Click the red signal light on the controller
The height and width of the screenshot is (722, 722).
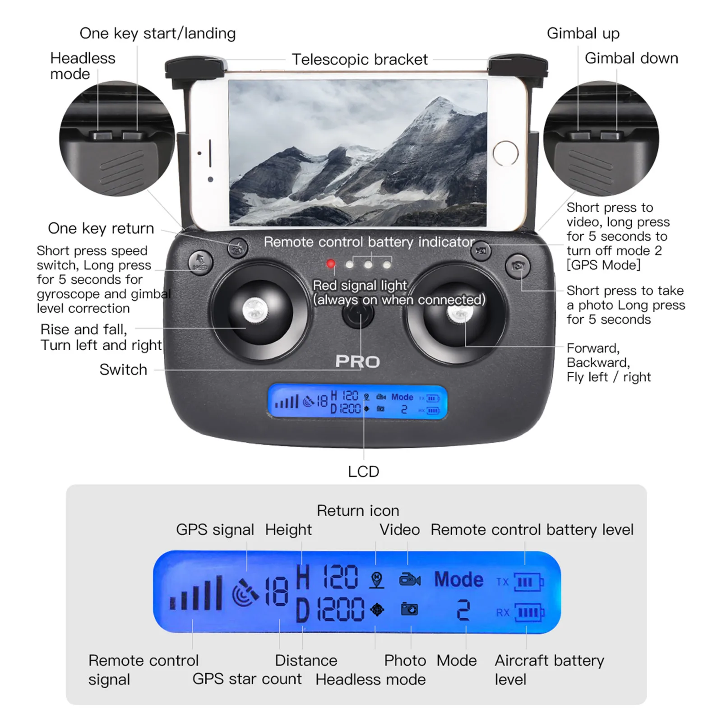(x=331, y=264)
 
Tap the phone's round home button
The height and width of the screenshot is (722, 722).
(x=505, y=153)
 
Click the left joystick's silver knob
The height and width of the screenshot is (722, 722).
(x=255, y=310)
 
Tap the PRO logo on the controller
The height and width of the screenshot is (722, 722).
(x=357, y=361)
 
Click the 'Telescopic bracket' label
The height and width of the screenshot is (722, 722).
(x=360, y=60)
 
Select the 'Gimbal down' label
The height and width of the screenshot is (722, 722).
(x=631, y=58)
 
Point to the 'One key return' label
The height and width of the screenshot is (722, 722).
(x=101, y=228)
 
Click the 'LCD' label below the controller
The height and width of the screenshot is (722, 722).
(x=363, y=472)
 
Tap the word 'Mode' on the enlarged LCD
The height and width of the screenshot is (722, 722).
(x=458, y=579)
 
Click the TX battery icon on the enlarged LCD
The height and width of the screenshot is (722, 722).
(x=529, y=582)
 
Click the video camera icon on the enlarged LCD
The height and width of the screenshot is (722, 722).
(x=410, y=580)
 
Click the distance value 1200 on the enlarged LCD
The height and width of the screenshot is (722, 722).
(x=341, y=610)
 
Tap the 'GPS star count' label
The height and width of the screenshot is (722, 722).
(x=247, y=679)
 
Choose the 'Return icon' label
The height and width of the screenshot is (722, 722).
(x=358, y=511)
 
